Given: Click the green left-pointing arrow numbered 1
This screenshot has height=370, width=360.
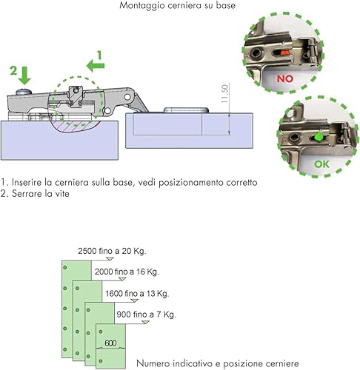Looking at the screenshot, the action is tap(96, 66).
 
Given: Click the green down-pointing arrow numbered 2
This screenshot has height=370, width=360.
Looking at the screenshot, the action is tap(24, 75).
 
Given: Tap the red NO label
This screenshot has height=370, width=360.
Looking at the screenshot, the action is tap(285, 78).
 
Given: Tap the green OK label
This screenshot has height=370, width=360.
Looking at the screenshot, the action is tap(321, 164).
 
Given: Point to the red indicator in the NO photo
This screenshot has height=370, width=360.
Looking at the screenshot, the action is tap(284, 53).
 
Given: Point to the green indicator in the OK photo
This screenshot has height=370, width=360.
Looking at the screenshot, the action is tap(319, 137).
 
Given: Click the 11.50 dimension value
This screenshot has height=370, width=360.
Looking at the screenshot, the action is tap(225, 94).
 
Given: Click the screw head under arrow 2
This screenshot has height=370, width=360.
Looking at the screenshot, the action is tap(24, 92).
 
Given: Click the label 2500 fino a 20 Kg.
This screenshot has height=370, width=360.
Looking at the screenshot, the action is tap(112, 251).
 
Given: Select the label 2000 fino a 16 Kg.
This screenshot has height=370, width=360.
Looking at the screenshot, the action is tap(127, 272).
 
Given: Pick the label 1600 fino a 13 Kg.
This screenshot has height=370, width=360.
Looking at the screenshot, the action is tap(137, 294).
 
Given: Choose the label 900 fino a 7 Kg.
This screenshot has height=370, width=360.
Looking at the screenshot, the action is tap(146, 314).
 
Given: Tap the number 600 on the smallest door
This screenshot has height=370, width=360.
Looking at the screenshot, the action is tap(110, 343).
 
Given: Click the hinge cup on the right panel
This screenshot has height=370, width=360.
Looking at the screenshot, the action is tap(186, 110).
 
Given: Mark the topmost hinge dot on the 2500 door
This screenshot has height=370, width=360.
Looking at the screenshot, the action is tap(65, 267).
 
